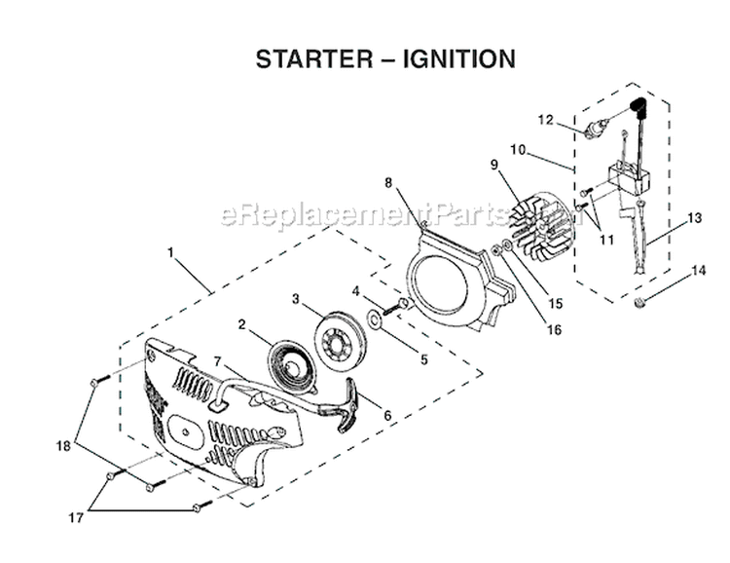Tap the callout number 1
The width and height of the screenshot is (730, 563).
[170, 252]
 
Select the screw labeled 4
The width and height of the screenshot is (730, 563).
[398, 307]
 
